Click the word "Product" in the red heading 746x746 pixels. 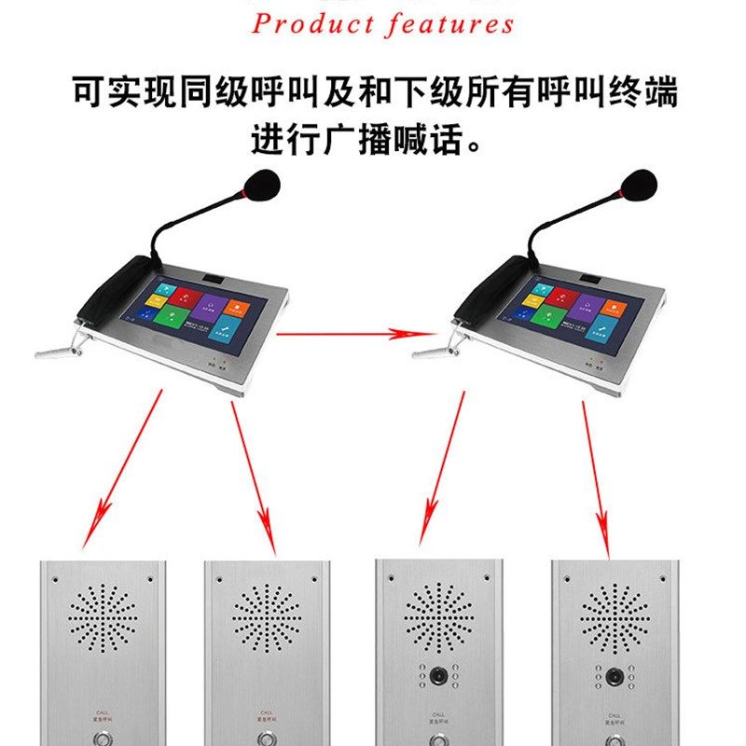coord(311,23)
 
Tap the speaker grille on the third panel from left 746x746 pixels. coord(437,615)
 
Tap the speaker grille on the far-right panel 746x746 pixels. coord(614,615)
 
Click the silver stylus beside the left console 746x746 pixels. coord(61,352)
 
